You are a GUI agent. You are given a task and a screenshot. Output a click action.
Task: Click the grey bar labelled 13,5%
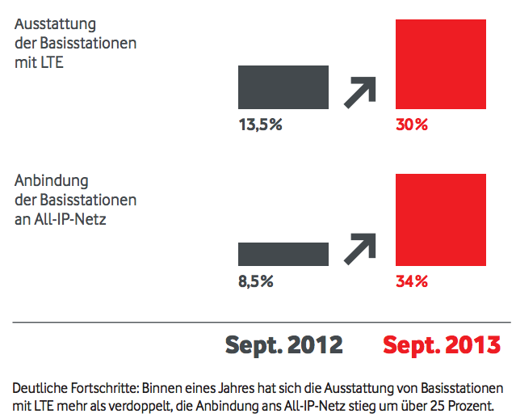[x=283, y=87]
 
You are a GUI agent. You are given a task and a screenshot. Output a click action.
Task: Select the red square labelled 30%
[x=440, y=64]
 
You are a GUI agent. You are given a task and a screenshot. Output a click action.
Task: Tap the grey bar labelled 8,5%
[x=283, y=254]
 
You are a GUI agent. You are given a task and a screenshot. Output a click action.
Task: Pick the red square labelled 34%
[x=440, y=219]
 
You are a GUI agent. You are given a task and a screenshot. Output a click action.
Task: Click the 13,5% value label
[x=260, y=125]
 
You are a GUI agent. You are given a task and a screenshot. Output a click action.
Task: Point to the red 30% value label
[x=412, y=125]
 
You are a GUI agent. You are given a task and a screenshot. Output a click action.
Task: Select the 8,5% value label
[x=256, y=281]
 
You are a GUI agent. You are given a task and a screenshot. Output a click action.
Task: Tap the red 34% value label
[x=412, y=281]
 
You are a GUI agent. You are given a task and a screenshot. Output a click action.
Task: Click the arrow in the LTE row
[x=360, y=91]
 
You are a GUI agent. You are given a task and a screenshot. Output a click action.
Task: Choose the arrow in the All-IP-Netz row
[x=360, y=247]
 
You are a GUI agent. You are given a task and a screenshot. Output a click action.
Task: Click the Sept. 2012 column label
[x=283, y=345]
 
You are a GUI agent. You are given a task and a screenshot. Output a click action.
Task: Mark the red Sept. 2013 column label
[x=441, y=345]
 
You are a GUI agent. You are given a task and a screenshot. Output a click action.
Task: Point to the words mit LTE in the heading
[x=39, y=61]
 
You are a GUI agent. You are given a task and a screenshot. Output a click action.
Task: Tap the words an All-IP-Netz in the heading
[x=61, y=218]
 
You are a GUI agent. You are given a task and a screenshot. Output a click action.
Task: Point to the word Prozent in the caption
[x=472, y=404]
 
